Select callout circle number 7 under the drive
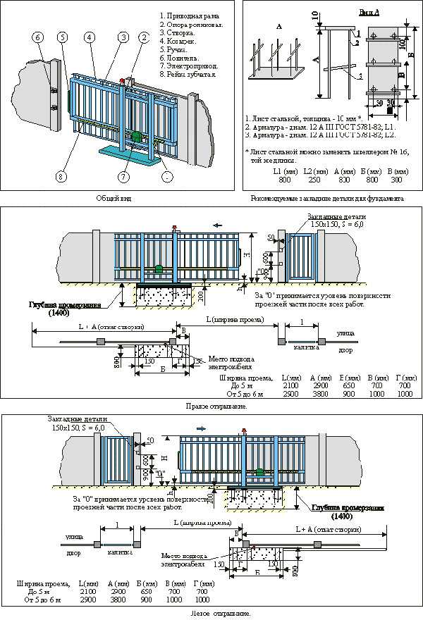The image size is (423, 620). [x=124, y=176]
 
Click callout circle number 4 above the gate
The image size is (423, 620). [x=89, y=37]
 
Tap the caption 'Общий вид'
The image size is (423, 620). [x=115, y=199]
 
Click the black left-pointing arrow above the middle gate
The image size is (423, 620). [x=219, y=225]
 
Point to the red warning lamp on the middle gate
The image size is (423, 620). [x=173, y=226]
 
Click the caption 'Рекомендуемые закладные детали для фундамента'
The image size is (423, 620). [x=327, y=199]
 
